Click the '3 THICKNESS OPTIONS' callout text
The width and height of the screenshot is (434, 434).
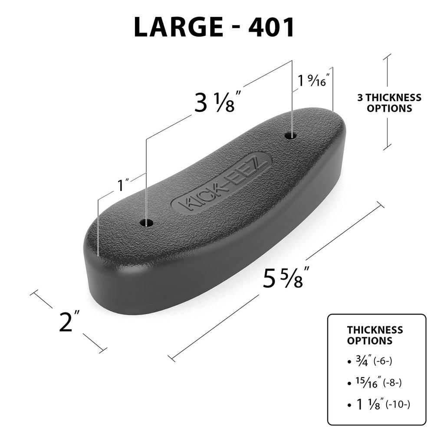pyautogui.click(x=389, y=103)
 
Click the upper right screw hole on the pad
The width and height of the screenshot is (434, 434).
pyautogui.click(x=290, y=135)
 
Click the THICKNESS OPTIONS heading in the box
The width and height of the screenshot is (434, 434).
pyautogui.click(x=375, y=335)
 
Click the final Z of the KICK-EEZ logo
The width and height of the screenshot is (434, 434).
pyautogui.click(x=262, y=162)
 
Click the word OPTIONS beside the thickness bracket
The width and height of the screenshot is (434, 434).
pyautogui.click(x=389, y=108)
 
